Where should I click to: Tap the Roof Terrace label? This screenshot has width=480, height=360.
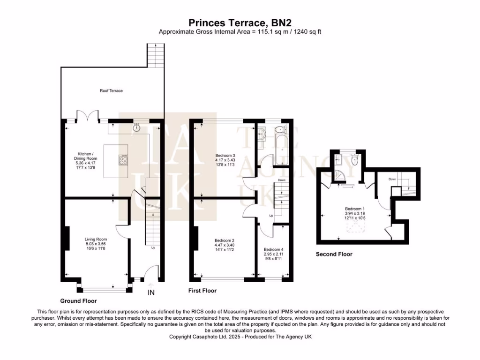(111, 90)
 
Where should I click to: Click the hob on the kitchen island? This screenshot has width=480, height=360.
(124, 161)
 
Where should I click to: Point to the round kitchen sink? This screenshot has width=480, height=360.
(137, 127)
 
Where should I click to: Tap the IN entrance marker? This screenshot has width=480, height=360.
(151, 292)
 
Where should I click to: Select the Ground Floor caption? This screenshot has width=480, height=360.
(78, 300)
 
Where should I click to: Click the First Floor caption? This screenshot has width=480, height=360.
(202, 291)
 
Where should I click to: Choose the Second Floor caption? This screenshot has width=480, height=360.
(334, 254)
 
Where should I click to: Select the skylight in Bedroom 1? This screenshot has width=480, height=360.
(354, 228)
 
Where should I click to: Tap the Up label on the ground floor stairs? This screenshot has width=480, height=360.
(153, 248)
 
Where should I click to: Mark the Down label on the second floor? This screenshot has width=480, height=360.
(393, 179)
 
